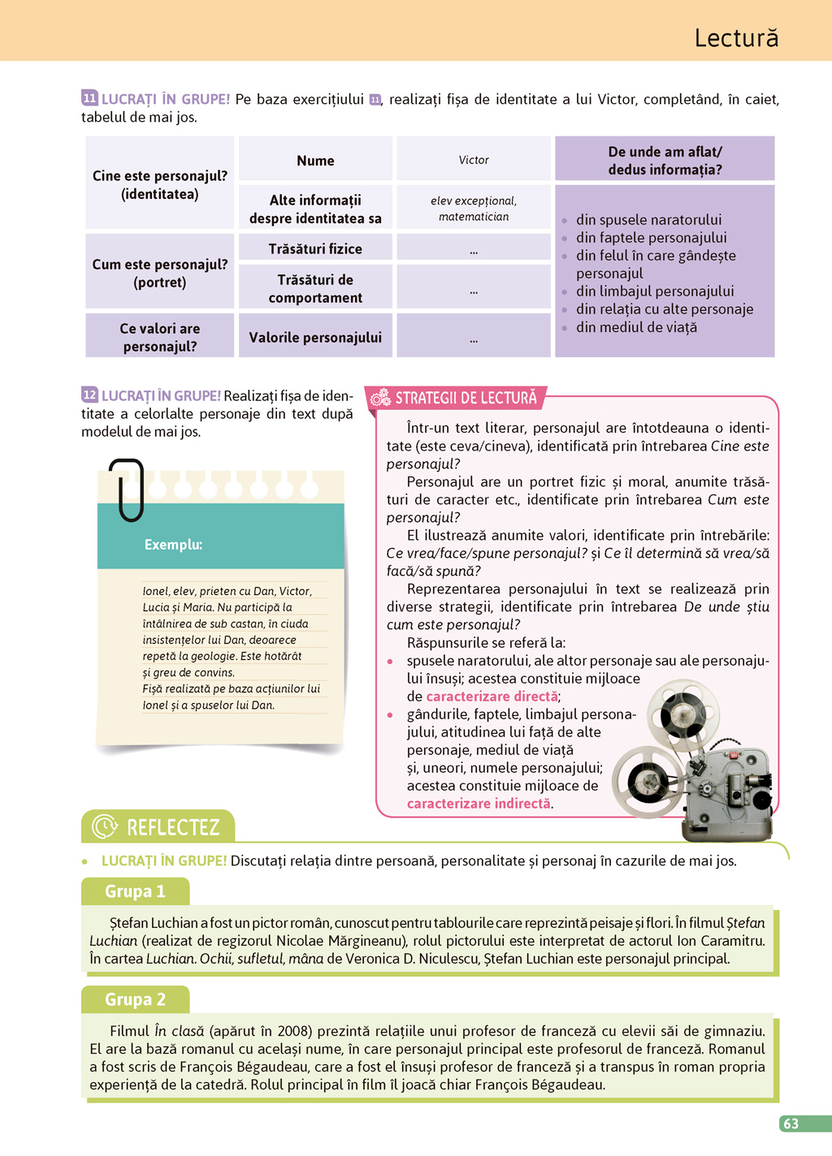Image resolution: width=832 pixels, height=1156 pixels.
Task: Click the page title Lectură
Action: tap(736, 38)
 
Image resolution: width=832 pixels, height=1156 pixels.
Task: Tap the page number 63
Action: tap(791, 1124)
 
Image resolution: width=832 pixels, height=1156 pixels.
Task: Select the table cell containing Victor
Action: tap(474, 160)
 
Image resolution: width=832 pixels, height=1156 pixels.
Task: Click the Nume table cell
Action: tap(315, 161)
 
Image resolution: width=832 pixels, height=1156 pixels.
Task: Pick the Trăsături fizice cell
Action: tap(315, 248)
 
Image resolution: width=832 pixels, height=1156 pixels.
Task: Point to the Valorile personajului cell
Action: tap(315, 337)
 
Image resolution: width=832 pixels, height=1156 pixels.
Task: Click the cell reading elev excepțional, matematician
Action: tap(474, 209)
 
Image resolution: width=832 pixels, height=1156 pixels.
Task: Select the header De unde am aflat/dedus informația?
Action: tap(665, 161)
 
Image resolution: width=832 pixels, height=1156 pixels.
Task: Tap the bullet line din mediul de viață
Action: tap(636, 327)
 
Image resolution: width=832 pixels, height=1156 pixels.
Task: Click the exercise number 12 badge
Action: tap(89, 395)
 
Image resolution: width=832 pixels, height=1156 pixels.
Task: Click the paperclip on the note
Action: tap(128, 489)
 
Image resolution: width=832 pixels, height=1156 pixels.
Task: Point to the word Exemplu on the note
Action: tap(173, 545)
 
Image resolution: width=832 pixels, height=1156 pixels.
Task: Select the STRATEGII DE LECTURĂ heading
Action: tap(466, 398)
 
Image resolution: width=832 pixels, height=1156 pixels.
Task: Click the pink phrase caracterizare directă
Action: tap(492, 697)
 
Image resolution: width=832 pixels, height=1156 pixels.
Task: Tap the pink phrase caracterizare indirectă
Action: tap(479, 804)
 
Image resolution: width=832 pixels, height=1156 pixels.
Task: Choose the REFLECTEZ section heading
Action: tap(172, 827)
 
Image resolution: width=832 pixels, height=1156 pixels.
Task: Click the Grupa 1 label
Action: tap(135, 891)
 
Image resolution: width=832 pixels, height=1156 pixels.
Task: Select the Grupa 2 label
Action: tap(135, 999)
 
